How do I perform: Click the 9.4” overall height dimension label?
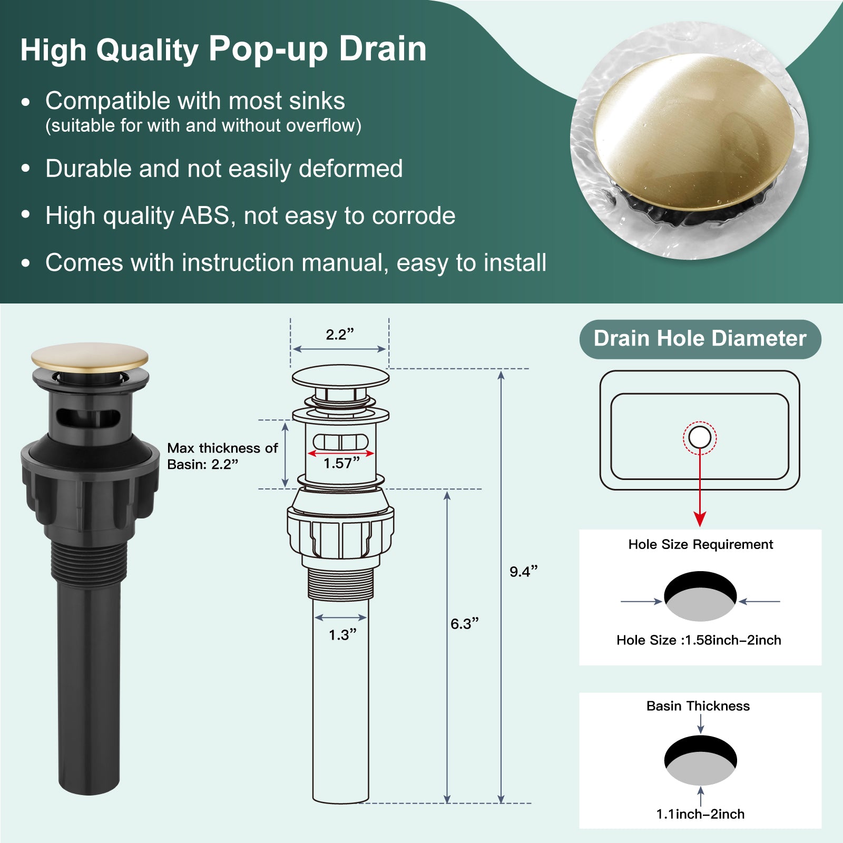point(523,572)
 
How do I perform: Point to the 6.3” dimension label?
point(464,624)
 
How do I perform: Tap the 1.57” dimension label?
point(341,463)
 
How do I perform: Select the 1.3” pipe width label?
point(342,635)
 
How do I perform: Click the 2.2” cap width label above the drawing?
point(340,335)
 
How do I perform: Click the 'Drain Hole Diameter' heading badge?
point(700,339)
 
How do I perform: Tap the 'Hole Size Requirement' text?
point(701,544)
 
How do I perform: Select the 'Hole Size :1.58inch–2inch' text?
point(699,640)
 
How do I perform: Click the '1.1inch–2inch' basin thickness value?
point(700,814)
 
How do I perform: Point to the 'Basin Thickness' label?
point(698,706)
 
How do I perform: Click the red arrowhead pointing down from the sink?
point(700,518)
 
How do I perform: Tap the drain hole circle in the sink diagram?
point(700,437)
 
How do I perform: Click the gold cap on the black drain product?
point(90,357)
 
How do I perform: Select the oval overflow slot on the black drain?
point(89,417)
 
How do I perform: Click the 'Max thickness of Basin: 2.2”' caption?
point(222,456)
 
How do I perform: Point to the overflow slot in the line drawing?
point(341,442)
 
